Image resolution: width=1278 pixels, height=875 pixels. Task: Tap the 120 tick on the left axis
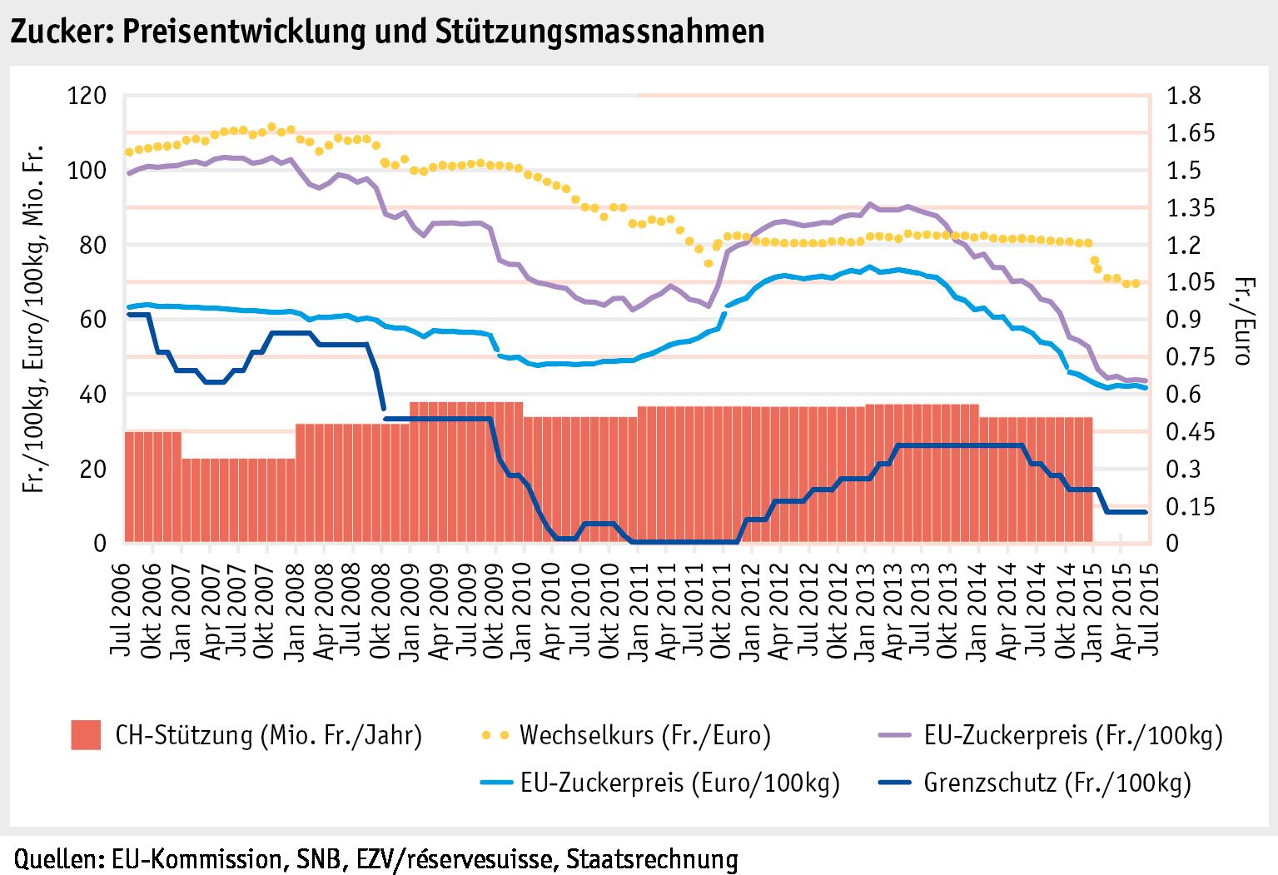pos(86,96)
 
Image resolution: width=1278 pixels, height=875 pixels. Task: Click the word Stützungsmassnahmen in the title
pos(599,31)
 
